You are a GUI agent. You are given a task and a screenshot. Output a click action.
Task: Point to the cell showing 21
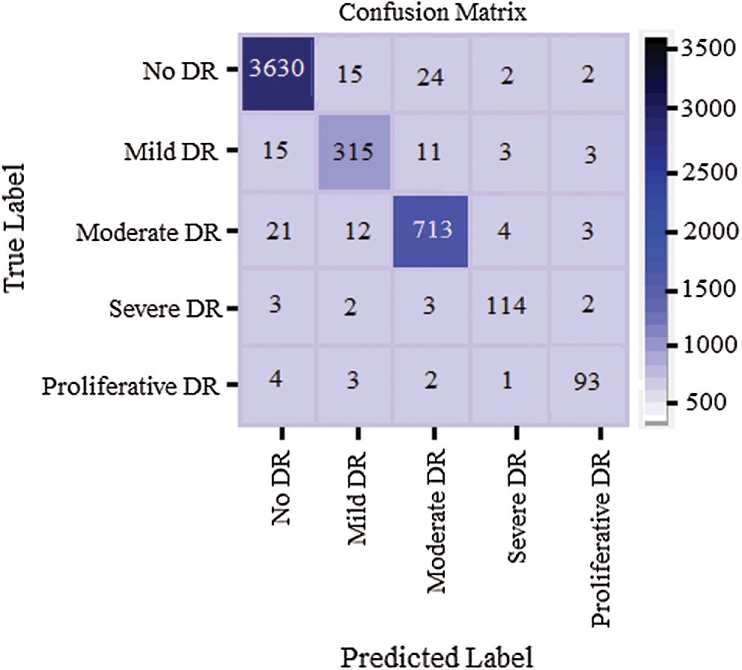pos(276,231)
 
